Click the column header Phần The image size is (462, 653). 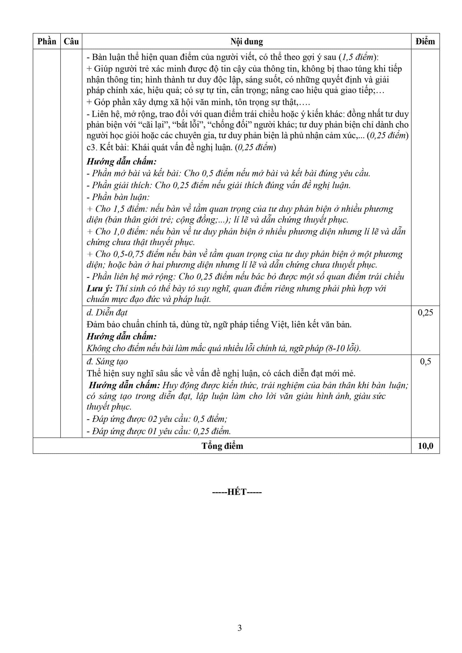point(47,42)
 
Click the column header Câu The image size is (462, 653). point(71,42)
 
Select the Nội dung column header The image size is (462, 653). point(246,42)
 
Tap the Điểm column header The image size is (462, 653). point(425,42)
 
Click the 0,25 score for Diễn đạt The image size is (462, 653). point(425,312)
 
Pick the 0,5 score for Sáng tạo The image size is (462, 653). point(425,361)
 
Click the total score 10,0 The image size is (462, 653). point(425,446)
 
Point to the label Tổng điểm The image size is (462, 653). point(222,446)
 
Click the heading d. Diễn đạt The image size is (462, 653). point(107,312)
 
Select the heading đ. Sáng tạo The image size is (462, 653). point(107,361)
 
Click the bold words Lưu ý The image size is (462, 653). point(99,288)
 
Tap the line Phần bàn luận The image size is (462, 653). point(118,197)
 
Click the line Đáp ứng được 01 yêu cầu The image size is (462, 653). point(159,431)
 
